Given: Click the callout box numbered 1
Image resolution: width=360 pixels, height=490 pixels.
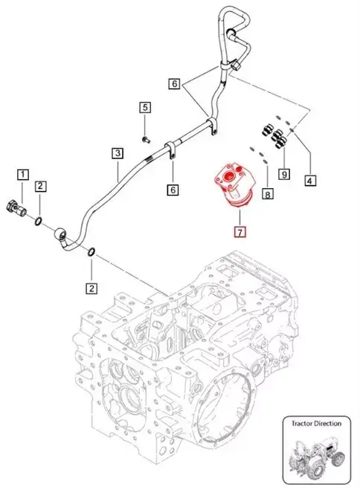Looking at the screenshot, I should coord(24,175).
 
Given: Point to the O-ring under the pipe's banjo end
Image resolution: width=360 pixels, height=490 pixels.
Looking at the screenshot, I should coord(91,255).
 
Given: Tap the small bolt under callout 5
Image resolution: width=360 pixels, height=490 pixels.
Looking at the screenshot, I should coord(147,139).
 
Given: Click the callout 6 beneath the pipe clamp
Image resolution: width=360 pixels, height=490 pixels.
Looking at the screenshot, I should coord(173,190).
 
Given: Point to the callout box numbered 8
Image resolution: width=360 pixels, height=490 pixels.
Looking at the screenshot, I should coord(268,194).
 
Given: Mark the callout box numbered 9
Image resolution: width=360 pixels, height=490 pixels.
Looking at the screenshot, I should coord(283,174).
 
